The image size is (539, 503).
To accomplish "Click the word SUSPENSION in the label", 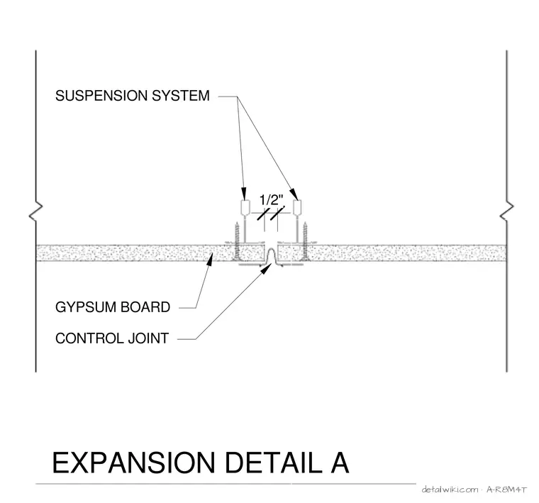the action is pos(101,96).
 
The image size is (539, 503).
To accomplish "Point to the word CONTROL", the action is pos(89,338).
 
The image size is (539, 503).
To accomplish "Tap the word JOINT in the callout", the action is pos(148,338).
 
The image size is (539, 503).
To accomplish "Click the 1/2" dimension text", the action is pos(271,200).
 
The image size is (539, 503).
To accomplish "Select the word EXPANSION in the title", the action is pos(134,463).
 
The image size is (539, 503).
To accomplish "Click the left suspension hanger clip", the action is pos(245,207).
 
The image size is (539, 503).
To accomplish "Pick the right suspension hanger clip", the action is pos(297,207).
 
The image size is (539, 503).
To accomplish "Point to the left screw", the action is pos(236,241).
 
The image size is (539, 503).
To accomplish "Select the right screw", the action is pos(305,241).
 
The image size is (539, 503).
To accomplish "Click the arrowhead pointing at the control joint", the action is pos(265,269).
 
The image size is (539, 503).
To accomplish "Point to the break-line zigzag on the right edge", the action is pos(506,211).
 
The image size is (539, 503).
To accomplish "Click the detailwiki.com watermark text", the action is pos(450,490).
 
